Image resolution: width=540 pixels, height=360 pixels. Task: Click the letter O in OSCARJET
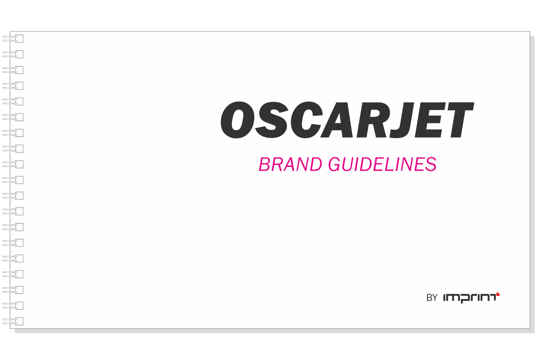tap(237, 120)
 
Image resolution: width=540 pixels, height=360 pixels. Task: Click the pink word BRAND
tap(291, 165)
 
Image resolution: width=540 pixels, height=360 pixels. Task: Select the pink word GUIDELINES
tap(382, 165)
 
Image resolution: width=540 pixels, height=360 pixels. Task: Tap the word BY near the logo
tap(432, 298)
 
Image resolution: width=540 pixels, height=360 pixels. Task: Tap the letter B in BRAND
tap(265, 165)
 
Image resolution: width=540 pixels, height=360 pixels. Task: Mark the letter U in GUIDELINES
tap(348, 165)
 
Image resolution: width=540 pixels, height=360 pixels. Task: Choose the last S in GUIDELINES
tap(431, 165)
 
